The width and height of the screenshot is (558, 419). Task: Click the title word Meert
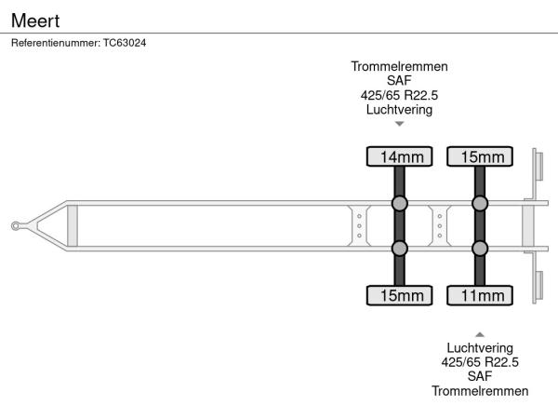(x=35, y=20)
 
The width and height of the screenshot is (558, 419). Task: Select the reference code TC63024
(x=125, y=43)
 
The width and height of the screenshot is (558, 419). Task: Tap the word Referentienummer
(x=56, y=43)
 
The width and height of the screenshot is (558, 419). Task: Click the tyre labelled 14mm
(x=399, y=156)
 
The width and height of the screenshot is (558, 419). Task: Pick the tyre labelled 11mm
(x=480, y=295)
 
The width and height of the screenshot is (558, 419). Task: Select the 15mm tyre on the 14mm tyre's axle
(x=399, y=295)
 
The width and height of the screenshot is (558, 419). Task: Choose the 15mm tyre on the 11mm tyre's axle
(x=480, y=156)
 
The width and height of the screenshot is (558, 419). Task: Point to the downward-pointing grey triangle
(x=400, y=124)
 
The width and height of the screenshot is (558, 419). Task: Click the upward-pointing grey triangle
(x=480, y=334)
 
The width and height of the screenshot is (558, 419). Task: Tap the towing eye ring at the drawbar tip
(x=15, y=226)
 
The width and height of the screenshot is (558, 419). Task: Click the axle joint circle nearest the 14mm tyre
(x=400, y=203)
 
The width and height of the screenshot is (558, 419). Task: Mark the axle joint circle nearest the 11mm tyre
(x=480, y=249)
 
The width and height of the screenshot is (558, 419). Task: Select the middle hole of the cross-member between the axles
(x=440, y=226)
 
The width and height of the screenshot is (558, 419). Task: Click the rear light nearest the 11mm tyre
(x=539, y=286)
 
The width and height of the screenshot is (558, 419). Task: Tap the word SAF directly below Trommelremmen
(x=399, y=80)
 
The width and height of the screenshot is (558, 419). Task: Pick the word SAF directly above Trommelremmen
(x=480, y=376)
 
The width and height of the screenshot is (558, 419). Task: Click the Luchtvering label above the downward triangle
(x=399, y=109)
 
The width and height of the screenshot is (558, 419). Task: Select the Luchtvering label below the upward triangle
(x=480, y=347)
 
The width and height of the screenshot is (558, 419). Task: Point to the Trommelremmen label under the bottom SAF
(x=480, y=391)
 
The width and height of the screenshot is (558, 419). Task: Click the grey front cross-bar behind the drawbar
(x=73, y=226)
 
